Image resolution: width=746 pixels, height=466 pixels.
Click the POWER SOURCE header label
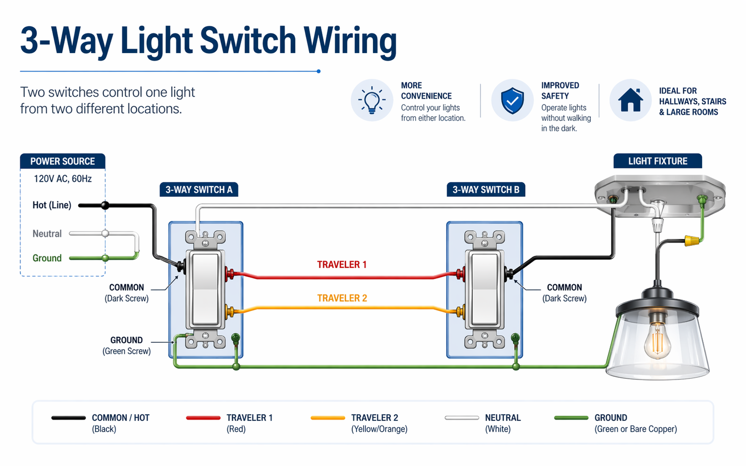(63, 161)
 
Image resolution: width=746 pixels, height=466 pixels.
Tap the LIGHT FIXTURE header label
(657, 161)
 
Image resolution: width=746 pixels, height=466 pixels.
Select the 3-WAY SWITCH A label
(198, 190)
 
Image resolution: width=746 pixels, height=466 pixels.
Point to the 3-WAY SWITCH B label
(485, 190)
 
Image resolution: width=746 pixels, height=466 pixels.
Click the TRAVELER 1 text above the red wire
(342, 265)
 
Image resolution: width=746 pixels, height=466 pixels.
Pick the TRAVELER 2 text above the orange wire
(342, 298)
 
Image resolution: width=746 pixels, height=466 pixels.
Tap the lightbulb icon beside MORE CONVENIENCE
(372, 100)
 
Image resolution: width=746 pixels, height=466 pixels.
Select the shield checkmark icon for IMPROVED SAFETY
(512, 100)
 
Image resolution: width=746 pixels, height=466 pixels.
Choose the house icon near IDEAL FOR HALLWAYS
(630, 100)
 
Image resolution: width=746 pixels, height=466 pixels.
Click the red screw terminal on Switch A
(229, 273)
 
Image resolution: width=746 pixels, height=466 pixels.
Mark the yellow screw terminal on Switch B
(460, 312)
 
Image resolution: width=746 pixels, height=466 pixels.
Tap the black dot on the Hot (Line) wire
(105, 205)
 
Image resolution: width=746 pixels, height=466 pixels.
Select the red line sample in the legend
(203, 418)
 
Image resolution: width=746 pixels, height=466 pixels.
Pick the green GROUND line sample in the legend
(571, 418)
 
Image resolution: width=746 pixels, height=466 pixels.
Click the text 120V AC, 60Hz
(63, 179)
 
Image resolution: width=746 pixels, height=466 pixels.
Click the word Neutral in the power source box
(47, 233)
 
